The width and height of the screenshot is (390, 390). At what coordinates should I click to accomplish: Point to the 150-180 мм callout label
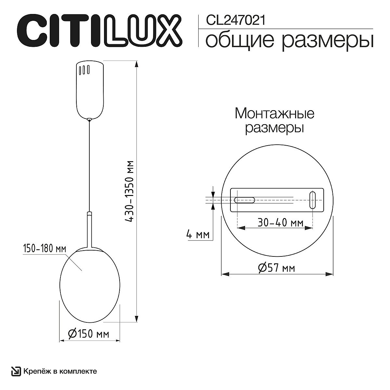(44, 249)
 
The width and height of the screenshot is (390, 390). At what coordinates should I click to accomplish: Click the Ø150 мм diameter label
(88, 334)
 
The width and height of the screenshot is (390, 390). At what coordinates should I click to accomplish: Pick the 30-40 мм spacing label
(280, 223)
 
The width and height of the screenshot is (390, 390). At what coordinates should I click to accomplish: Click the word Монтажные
(274, 114)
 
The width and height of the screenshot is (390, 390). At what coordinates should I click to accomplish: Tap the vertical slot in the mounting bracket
(312, 200)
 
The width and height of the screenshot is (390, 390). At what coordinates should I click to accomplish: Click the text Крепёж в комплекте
(60, 371)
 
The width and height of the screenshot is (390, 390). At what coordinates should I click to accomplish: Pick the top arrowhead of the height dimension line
(137, 64)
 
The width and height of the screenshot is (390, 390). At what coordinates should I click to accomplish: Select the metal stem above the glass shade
(89, 229)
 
